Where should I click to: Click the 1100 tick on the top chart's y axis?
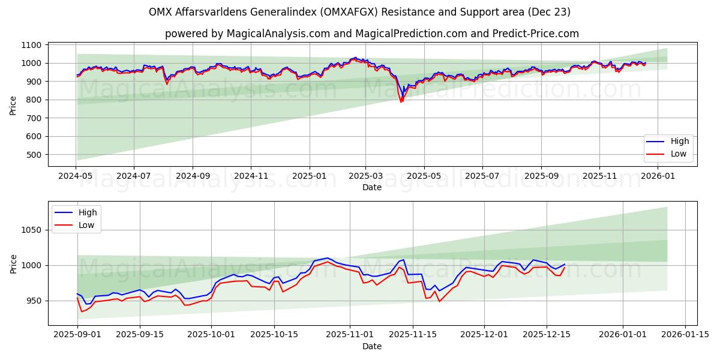point(31,45)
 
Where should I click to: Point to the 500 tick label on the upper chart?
point(34,155)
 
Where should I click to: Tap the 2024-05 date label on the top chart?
point(76,176)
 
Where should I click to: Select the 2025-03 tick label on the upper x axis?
point(365,176)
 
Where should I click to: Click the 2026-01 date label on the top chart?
point(658,176)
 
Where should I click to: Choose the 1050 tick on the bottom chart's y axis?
point(31,230)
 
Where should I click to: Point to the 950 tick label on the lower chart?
point(34,301)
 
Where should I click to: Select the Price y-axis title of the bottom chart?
point(13,263)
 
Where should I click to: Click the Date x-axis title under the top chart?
point(372,187)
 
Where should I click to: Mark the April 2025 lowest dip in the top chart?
point(401,101)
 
